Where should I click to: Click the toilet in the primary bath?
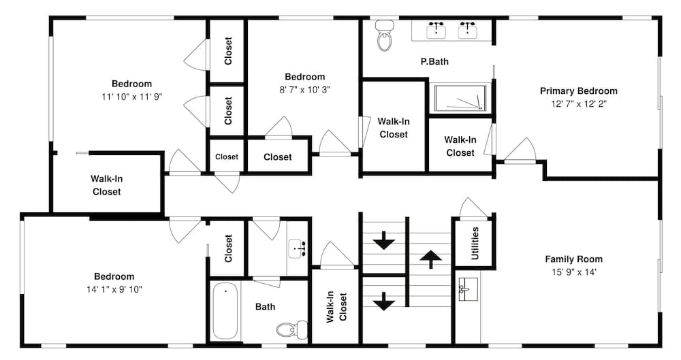(385, 35)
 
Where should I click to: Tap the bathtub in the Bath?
(225, 311)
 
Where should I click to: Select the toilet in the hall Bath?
(292, 329)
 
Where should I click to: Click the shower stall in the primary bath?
(460, 98)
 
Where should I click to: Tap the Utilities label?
(475, 243)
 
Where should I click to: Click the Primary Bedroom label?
(578, 91)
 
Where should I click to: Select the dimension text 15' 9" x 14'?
(573, 272)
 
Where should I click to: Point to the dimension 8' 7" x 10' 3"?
(304, 90)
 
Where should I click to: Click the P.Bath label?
(434, 62)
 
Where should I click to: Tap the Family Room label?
(573, 259)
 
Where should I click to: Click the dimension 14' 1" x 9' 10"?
(114, 289)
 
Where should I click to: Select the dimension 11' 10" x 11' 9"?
(132, 97)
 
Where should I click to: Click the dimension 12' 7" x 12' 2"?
(578, 104)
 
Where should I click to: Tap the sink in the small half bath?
(297, 248)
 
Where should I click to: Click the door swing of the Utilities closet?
(473, 207)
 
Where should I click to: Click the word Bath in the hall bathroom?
(265, 307)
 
